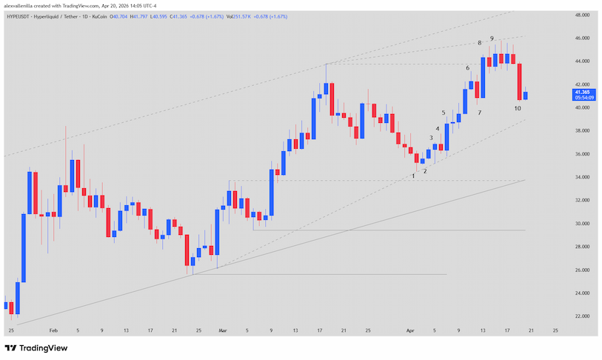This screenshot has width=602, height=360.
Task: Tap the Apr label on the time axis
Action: tap(409, 330)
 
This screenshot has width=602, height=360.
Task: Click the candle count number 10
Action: tap(518, 108)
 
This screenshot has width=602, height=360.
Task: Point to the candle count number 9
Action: tap(492, 38)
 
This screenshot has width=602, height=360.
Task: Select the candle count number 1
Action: tap(413, 176)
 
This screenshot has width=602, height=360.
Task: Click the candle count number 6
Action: tap(467, 67)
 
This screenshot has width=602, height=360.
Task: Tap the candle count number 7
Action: tap(479, 113)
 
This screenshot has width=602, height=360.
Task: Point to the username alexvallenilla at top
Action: tap(21, 5)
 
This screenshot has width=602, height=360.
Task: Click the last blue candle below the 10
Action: tap(526, 95)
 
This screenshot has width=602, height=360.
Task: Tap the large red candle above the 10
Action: tap(519, 81)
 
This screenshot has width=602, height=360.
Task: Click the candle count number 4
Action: tap(438, 128)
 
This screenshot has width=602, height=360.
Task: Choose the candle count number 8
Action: tap(480, 43)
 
